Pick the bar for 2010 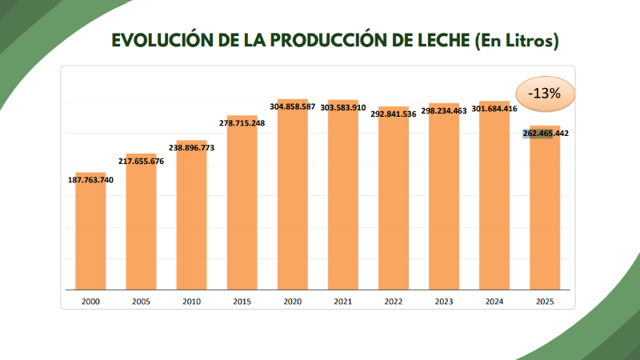pos(191,216)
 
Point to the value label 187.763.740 pos(91,179)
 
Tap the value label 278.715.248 pos(242,122)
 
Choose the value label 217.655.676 pos(141,161)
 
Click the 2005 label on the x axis pos(141,302)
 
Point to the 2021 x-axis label pos(342,302)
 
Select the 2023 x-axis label pos(443,302)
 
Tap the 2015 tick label pos(242,302)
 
